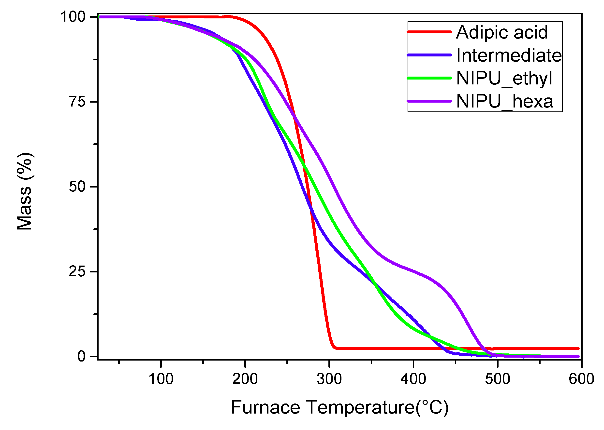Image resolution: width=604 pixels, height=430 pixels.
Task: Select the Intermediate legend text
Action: tap(509, 56)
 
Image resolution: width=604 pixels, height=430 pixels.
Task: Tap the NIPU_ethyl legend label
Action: tap(504, 79)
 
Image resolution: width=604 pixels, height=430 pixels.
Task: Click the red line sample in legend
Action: tap(429, 32)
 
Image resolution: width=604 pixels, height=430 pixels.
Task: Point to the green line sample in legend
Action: tap(429, 78)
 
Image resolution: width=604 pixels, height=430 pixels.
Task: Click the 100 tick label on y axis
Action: tap(73, 17)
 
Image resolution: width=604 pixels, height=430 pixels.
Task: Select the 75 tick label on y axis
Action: tap(77, 102)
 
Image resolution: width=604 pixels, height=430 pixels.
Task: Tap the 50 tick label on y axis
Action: tap(77, 187)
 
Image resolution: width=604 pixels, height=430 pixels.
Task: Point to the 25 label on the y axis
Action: tap(77, 272)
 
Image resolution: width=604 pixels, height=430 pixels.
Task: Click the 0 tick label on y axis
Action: tap(81, 357)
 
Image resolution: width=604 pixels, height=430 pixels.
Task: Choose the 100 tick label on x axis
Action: tap(161, 379)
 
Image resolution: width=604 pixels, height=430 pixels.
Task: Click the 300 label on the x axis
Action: tap(329, 379)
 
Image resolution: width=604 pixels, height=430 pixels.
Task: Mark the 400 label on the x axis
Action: tap(413, 379)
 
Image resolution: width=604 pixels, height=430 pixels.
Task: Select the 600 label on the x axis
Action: tap(581, 379)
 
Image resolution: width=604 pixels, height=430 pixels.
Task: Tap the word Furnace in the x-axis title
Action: tap(265, 407)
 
